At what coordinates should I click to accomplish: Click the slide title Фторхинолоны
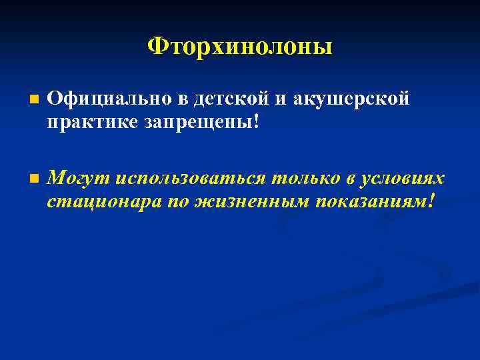coord(240,47)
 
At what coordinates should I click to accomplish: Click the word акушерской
coord(352,99)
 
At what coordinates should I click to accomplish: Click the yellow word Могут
coord(79,178)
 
